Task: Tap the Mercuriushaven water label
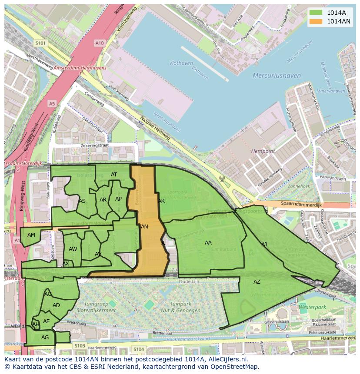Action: click(x=277, y=76)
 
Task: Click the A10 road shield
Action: click(x=100, y=43)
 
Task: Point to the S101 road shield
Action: click(x=40, y=43)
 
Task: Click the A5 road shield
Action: click(x=52, y=103)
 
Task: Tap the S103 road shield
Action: click(x=80, y=346)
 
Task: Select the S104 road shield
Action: click(x=138, y=349)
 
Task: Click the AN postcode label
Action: click(x=144, y=227)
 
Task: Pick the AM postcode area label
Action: click(x=31, y=235)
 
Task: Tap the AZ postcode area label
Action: click(x=257, y=282)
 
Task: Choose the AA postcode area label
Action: click(x=208, y=243)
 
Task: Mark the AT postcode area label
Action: click(x=114, y=175)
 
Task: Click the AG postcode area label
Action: click(x=45, y=337)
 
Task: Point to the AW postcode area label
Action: click(x=73, y=249)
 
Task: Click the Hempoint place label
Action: click(x=263, y=151)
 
